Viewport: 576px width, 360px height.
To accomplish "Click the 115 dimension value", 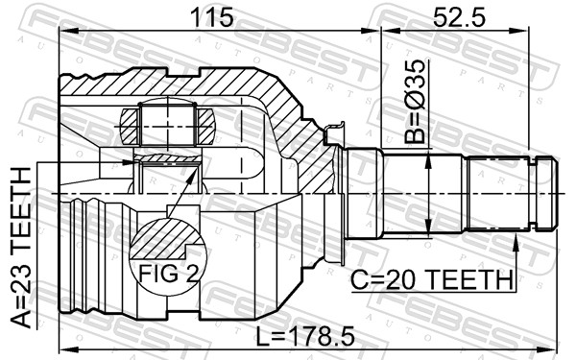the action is pos(213,17).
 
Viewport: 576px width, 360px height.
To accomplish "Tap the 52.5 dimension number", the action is pos(459,17).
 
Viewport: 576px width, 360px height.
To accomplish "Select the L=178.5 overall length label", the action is pos(305,337).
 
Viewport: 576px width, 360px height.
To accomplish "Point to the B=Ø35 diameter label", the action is pos(415,102).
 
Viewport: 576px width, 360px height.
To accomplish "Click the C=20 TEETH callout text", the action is pos(432,280).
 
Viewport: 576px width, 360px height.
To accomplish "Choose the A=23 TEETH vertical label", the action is pos(20,247).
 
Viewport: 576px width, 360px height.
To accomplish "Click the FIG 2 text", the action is pos(168,273).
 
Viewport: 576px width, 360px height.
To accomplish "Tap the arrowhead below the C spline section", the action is pos(516,241).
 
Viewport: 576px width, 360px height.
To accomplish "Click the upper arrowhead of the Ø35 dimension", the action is pos(428,161).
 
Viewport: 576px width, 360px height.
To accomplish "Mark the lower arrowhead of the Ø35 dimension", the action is pos(428,225).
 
